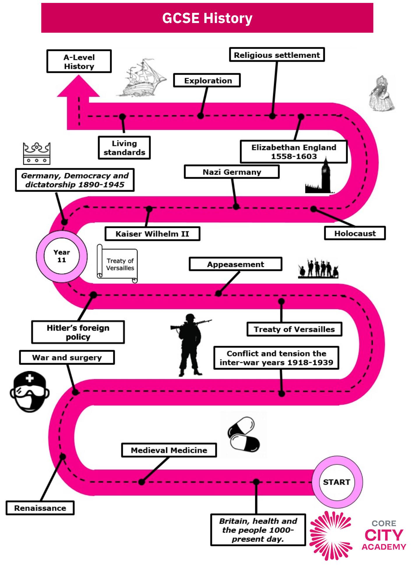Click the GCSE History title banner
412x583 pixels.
[x=207, y=18]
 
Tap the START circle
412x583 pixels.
[x=337, y=482]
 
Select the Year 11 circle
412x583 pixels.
[x=62, y=256]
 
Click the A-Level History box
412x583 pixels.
[x=79, y=61]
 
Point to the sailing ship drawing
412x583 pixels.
[x=141, y=78]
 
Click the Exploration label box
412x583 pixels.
[x=207, y=80]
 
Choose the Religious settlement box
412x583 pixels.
[x=277, y=55]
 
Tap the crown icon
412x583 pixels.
[x=37, y=153]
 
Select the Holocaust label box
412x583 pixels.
[x=355, y=233]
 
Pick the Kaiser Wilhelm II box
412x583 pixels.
[x=152, y=234]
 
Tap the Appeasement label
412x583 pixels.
[x=235, y=264]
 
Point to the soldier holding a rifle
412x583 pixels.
[x=190, y=345]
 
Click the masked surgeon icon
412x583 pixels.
[x=30, y=392]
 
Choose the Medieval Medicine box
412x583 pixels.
[x=169, y=450]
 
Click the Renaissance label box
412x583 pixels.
[x=40, y=508]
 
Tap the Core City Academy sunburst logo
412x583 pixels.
[x=331, y=536]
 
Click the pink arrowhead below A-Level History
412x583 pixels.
[x=78, y=86]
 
